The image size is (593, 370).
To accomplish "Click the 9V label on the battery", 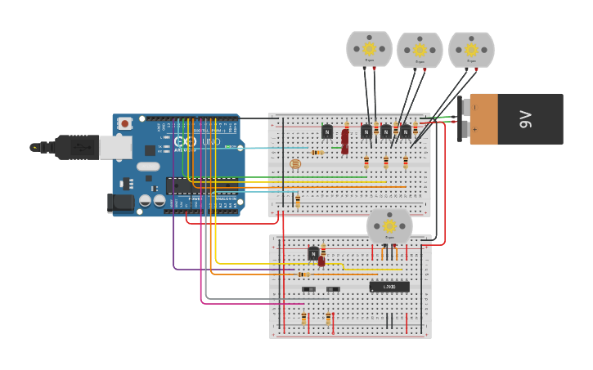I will point(527,119).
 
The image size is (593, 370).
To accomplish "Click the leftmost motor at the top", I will point(369,49).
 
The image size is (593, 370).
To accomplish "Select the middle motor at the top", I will point(420,51).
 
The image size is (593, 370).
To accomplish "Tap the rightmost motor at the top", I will point(471,49).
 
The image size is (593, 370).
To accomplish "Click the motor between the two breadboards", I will point(389,226).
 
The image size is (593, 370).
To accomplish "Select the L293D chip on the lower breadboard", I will point(389,287).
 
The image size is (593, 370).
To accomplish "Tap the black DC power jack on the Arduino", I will point(120,203).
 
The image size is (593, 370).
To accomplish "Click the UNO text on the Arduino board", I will point(211,141).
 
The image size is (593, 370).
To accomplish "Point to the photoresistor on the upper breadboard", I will point(295,164).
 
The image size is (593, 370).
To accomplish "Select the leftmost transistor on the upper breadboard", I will point(327,132).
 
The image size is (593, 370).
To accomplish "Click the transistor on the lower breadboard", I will point(313,254).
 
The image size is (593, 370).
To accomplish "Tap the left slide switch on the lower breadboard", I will point(309,289).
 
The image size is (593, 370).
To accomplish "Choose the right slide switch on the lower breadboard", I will point(333,289).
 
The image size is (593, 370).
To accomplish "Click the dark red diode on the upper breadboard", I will point(345,140).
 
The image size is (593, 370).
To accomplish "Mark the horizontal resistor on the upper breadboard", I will point(317,152).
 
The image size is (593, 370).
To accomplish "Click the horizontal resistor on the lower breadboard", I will point(303,274).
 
